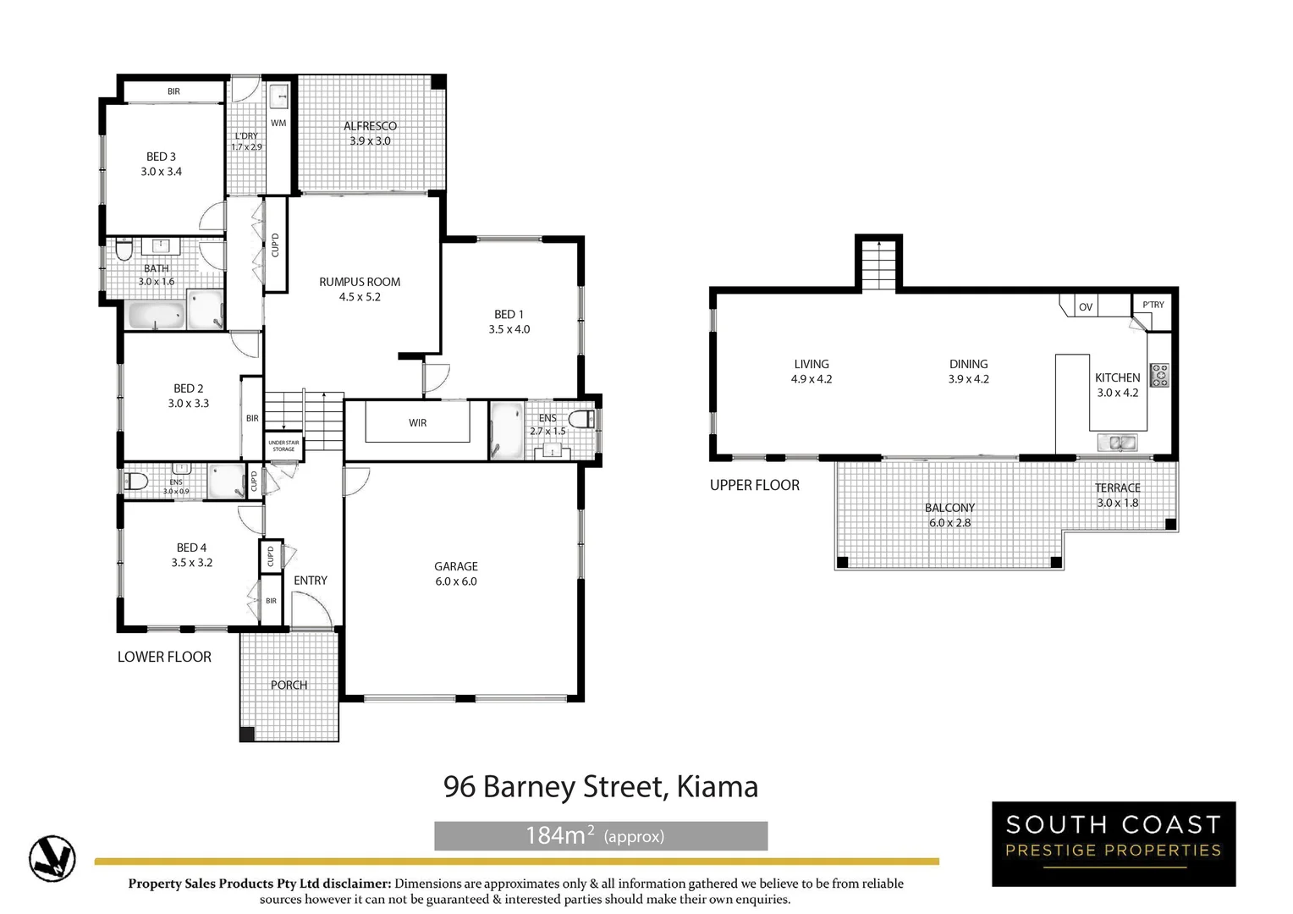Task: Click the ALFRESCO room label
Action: tap(370, 126)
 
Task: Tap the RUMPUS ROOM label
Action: tap(360, 282)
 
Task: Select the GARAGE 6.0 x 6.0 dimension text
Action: tap(456, 581)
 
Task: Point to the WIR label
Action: tap(418, 422)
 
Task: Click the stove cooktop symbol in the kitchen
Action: tap(1159, 375)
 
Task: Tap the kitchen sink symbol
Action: tap(1117, 442)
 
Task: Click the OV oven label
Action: tap(1086, 307)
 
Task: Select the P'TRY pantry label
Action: tap(1153, 305)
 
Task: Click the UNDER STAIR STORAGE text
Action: tap(283, 445)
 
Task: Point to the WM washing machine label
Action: tap(278, 123)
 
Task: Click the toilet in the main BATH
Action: tap(124, 251)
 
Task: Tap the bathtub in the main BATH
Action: tap(156, 316)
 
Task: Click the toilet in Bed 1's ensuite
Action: tap(581, 418)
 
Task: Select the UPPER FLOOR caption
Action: tap(754, 485)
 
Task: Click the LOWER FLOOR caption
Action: tap(164, 657)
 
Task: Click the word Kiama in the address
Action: tap(718, 787)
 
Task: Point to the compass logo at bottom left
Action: tap(52, 858)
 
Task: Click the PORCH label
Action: tap(289, 685)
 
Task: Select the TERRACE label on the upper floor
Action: tap(1117, 487)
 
